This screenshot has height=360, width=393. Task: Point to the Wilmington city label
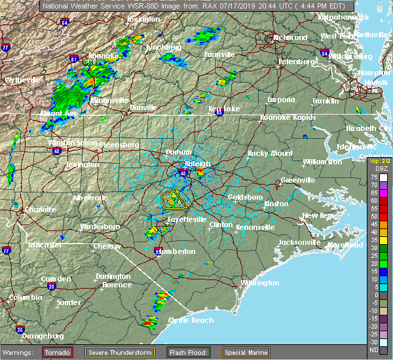260,283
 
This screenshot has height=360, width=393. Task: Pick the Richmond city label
290,38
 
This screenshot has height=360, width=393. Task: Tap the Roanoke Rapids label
288,118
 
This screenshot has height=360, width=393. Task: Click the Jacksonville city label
299,242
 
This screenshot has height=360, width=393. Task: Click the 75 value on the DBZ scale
373,177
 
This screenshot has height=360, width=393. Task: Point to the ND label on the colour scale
373,350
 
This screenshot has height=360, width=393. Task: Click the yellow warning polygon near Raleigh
174,200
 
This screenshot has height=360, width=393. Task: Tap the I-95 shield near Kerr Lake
219,113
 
